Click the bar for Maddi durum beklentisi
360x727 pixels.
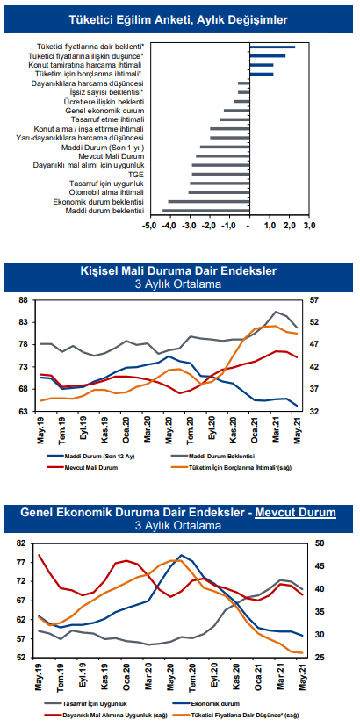coord(206,211)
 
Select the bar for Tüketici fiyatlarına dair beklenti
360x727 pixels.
coord(272,47)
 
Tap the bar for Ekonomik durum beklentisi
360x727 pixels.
coord(209,202)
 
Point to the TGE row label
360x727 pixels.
coord(137,175)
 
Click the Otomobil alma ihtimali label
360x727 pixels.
coord(106,192)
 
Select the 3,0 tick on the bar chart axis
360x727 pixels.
coord(309,227)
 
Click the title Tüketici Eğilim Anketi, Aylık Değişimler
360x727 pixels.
coord(178,19)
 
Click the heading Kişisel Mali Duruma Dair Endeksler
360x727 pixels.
coord(178,270)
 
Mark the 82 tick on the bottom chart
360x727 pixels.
coord(24,543)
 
